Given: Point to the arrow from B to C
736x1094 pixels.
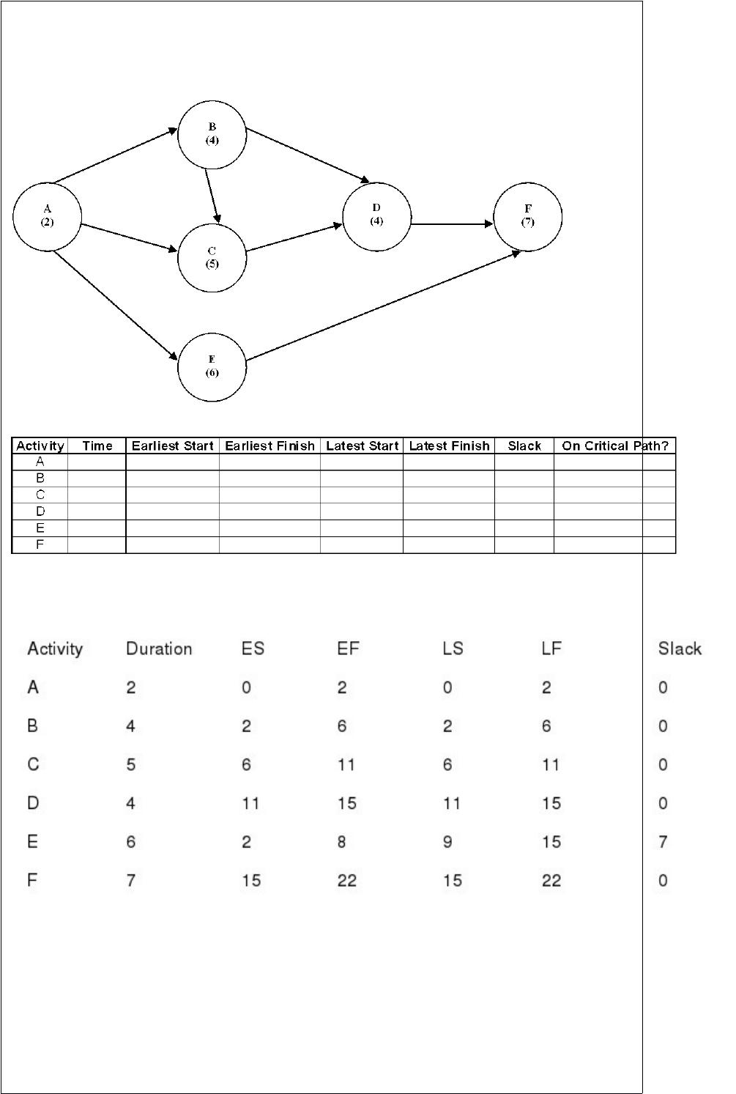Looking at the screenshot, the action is [x=213, y=196].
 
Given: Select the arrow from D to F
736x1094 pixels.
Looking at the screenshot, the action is [x=452, y=224].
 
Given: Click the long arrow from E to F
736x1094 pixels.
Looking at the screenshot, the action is [x=383, y=306].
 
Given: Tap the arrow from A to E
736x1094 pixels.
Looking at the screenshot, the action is [x=115, y=306].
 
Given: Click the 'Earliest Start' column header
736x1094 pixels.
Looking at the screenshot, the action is [x=173, y=446].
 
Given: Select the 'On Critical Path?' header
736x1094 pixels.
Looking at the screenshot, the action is [x=615, y=446].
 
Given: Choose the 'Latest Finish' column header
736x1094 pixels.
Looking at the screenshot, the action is [x=449, y=446].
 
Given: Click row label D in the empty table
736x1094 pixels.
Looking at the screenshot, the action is [x=40, y=511].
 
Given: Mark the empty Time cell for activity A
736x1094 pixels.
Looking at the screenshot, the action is [x=97, y=462].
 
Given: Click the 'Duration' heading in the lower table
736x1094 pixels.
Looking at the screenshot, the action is [x=159, y=648].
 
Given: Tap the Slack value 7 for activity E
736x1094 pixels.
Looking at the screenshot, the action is [x=663, y=841].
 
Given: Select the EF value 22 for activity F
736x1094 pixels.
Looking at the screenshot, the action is [x=347, y=880].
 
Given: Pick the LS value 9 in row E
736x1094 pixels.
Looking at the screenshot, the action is [x=447, y=841].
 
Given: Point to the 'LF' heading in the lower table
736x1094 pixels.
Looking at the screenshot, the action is [x=551, y=648].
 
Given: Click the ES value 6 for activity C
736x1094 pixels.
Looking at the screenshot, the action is [x=247, y=764].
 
